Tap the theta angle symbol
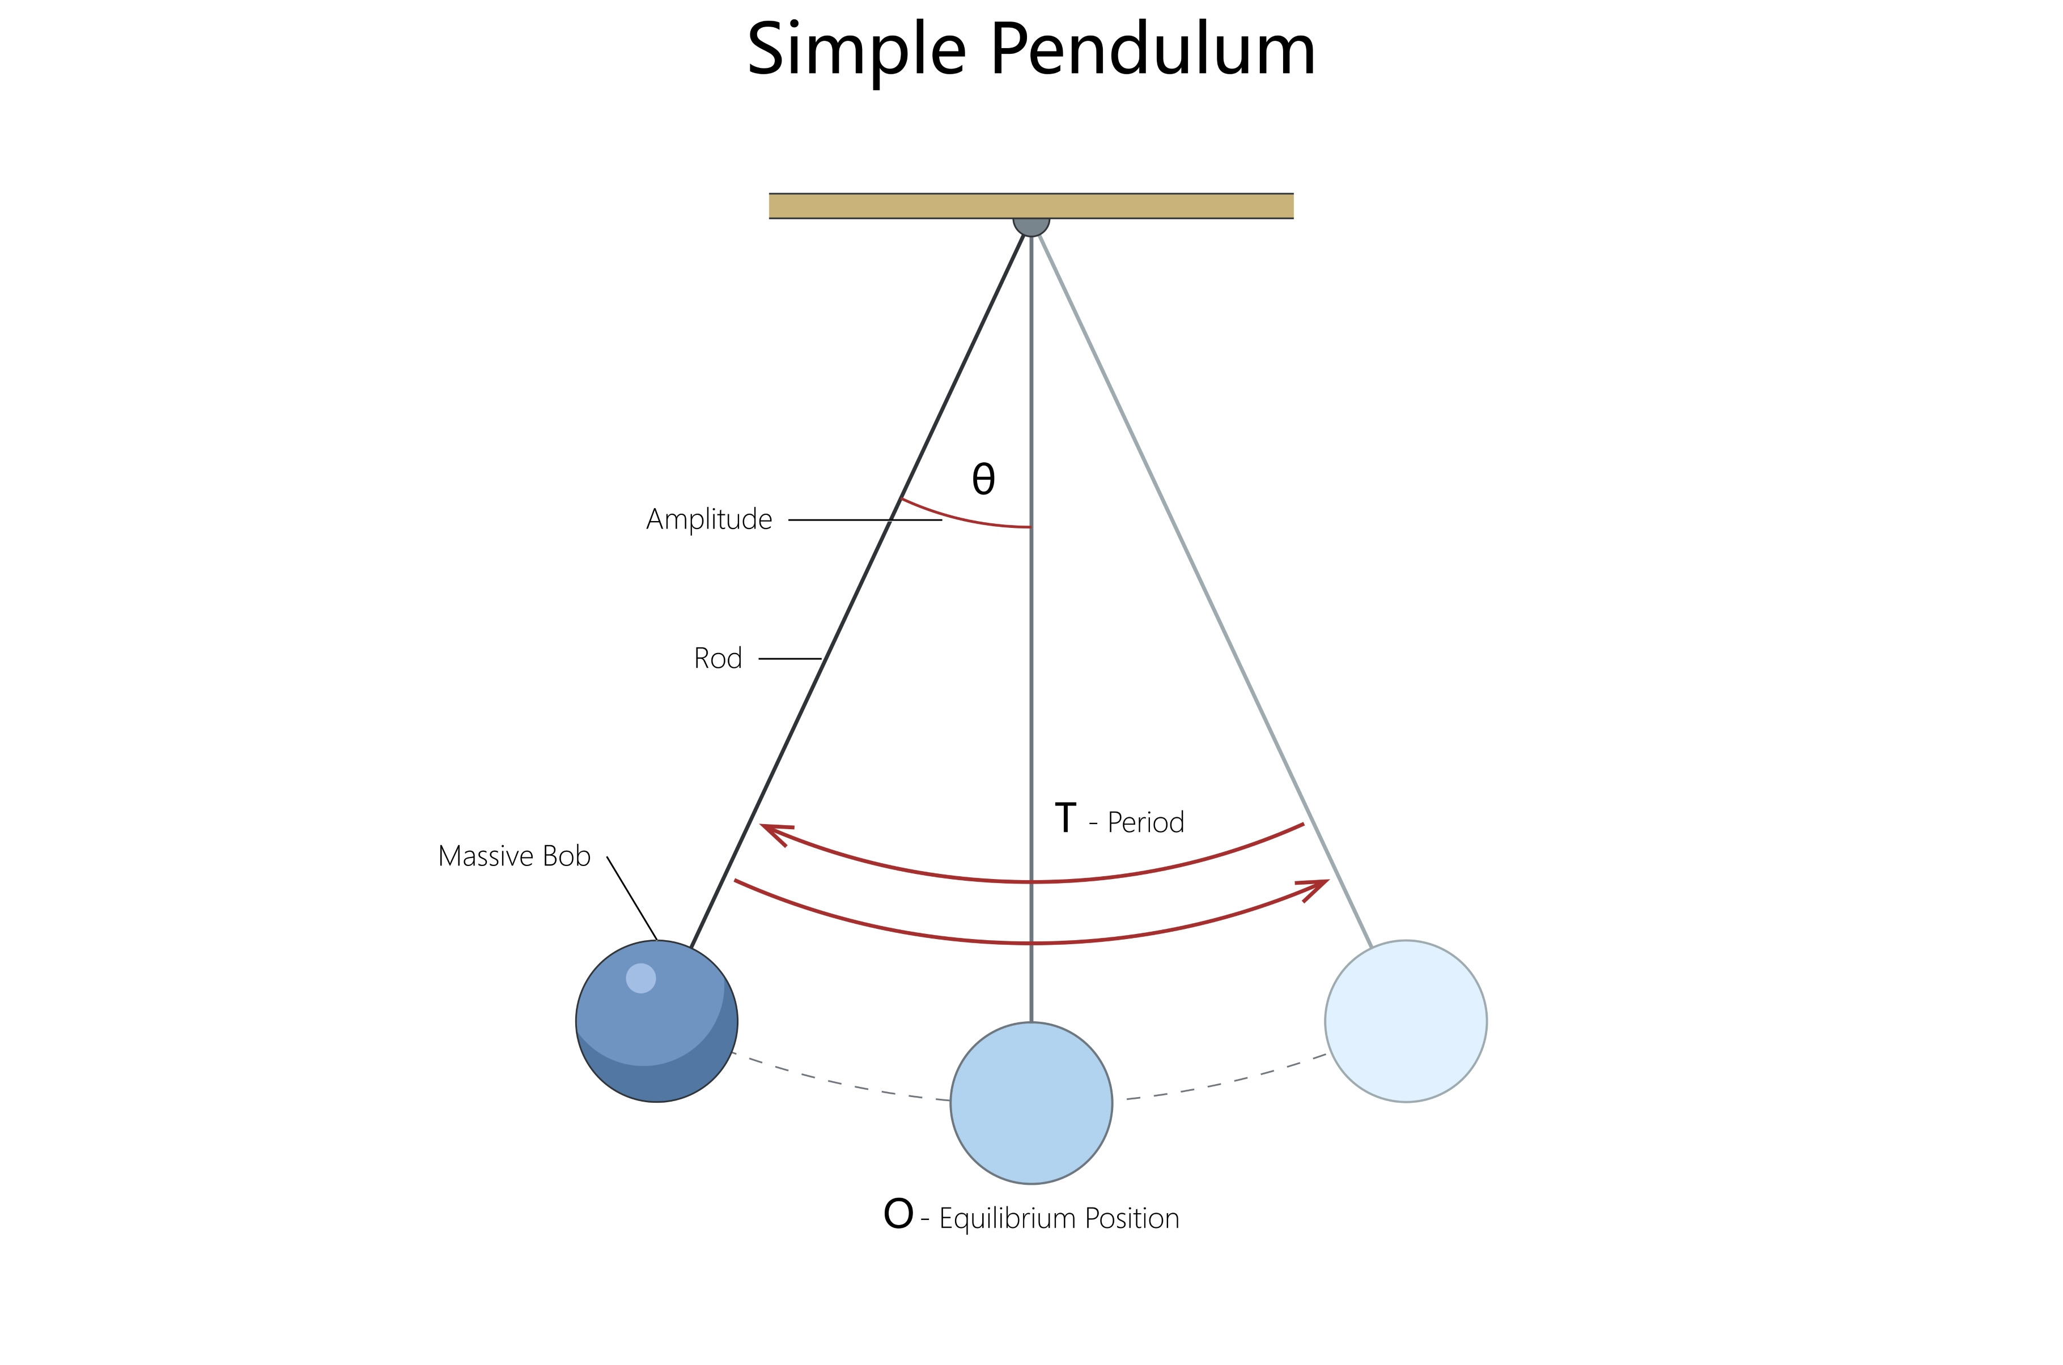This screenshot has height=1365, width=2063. tap(983, 478)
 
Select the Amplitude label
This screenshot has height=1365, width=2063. tap(709, 520)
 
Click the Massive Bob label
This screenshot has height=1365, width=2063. tap(514, 856)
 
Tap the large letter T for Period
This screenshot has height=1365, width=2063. tap(1065, 818)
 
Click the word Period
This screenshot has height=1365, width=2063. tap(1145, 822)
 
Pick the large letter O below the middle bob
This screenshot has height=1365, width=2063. tap(898, 1214)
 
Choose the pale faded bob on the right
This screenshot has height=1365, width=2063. tap(1406, 1021)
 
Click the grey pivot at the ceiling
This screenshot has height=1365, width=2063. tap(1031, 225)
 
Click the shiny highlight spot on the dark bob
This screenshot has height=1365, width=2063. tap(641, 979)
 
